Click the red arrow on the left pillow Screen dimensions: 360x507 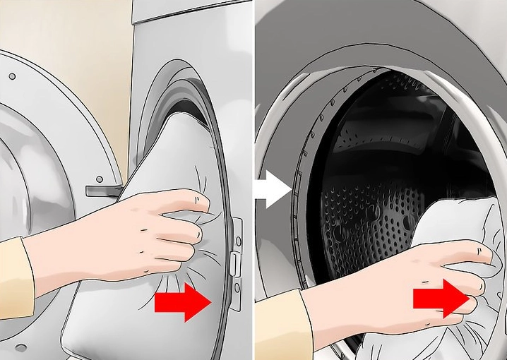[183, 301]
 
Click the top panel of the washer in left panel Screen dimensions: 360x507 [191, 14]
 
